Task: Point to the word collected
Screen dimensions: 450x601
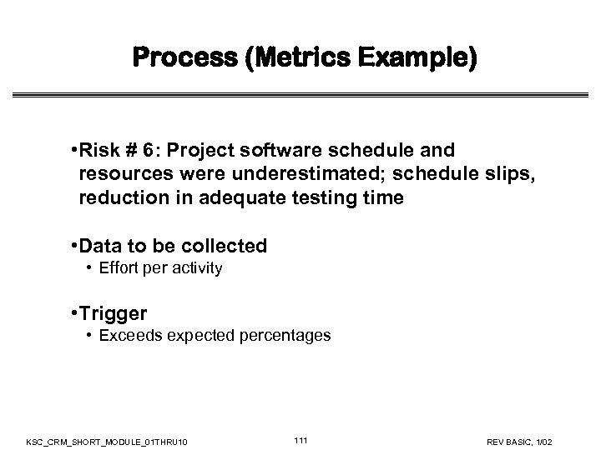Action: [x=225, y=245]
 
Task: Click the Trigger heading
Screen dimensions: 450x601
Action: [x=113, y=313]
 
